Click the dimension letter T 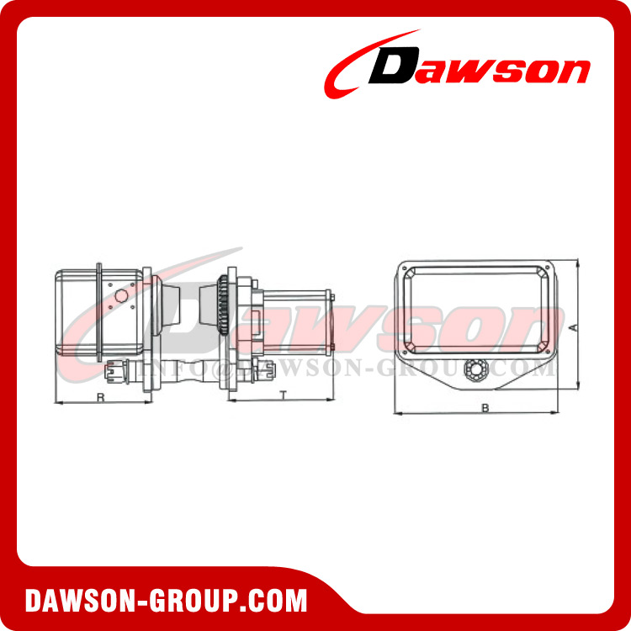tap(283, 394)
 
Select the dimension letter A tap(572, 326)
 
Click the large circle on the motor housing tap(119, 296)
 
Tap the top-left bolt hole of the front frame tap(409, 271)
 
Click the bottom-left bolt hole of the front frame tap(409, 347)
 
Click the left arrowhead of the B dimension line tap(398, 413)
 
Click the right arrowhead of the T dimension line tap(334, 401)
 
